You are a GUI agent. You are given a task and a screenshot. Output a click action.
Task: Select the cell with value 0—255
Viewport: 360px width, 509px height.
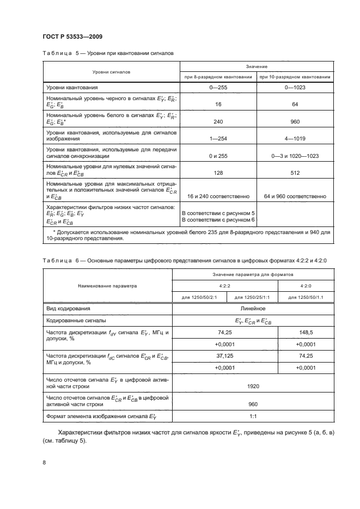[x=218, y=87]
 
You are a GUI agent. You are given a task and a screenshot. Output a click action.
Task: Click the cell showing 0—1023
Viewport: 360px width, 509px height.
[x=294, y=87]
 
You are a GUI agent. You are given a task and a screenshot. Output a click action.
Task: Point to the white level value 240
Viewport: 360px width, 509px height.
[x=218, y=122]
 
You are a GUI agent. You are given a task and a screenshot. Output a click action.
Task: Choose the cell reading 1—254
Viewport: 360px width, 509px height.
[x=218, y=139]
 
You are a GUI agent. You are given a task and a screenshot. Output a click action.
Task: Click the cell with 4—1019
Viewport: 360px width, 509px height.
[x=294, y=139]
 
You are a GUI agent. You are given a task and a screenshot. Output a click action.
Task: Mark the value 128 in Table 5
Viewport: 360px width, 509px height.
[x=218, y=171]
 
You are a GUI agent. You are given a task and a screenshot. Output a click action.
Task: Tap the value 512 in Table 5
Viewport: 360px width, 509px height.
[x=294, y=171]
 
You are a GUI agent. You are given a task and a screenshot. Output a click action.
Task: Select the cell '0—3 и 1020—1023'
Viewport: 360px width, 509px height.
[x=294, y=156]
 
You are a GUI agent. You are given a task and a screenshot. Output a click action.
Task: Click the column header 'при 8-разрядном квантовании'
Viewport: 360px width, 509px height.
[x=218, y=77]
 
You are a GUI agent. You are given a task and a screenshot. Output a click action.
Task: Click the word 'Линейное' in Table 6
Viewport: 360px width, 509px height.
[x=252, y=308]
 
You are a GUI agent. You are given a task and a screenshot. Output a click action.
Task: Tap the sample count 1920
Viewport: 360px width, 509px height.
[x=252, y=386]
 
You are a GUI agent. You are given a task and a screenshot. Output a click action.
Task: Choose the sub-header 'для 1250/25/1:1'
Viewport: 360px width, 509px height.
[x=252, y=297]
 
